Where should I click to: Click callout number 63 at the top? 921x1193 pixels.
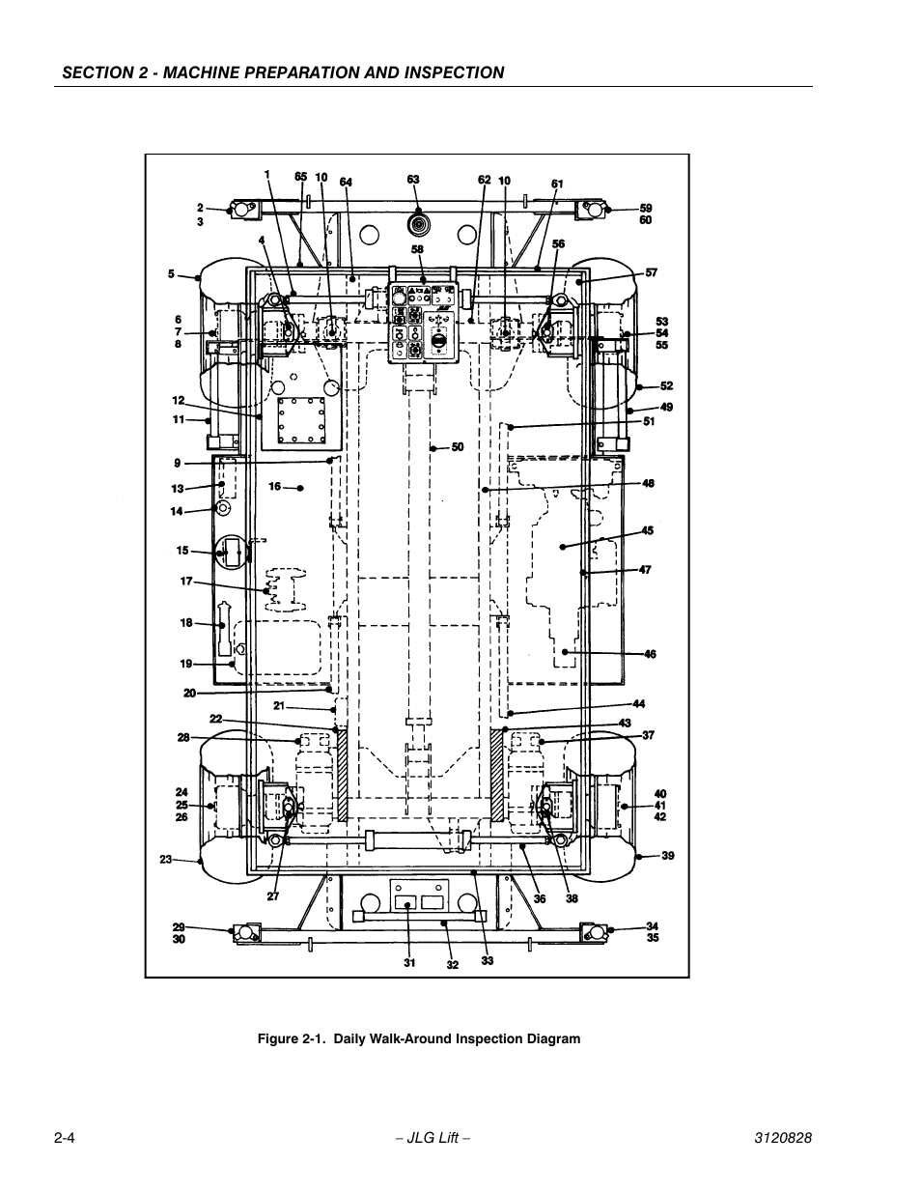(413, 180)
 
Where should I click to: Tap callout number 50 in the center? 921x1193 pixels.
(458, 447)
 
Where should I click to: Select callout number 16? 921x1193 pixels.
(275, 487)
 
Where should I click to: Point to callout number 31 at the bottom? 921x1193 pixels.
(409, 961)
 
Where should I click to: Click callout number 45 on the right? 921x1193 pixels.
(647, 530)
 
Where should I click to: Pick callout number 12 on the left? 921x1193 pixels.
(179, 401)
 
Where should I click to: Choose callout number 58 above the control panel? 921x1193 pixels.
(417, 249)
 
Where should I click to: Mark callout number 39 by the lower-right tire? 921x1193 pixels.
(667, 856)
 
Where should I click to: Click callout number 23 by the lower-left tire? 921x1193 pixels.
(166, 859)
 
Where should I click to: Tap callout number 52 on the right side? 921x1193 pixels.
(666, 386)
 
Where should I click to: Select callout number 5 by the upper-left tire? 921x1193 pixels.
(172, 274)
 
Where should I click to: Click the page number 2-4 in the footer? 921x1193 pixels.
(65, 1139)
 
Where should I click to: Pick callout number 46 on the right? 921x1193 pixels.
(650, 654)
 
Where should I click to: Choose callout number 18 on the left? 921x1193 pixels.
(186, 623)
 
